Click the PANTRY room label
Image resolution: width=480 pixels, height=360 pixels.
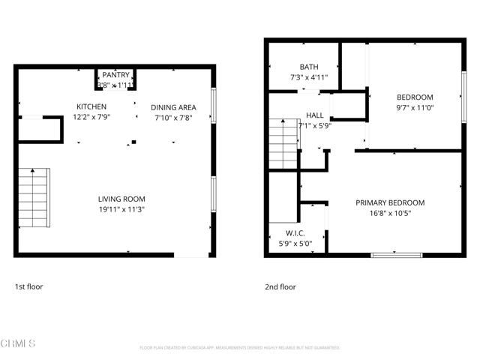tap(116, 75)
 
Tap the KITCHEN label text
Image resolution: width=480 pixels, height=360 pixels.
tap(90, 106)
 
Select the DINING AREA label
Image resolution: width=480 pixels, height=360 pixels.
tap(173, 106)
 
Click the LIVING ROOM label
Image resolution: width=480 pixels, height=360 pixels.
tap(121, 199)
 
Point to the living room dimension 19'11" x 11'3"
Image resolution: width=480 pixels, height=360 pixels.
tap(121, 209)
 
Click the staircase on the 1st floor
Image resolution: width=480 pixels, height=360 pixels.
tap(33, 198)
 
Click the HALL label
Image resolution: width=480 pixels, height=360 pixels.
tap(314, 115)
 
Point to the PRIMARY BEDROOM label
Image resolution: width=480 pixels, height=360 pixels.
tap(390, 202)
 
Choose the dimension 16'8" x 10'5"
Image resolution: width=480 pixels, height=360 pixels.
tap(390, 213)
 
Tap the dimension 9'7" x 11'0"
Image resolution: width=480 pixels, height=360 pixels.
tap(415, 108)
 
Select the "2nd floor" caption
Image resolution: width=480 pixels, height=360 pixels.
tap(280, 286)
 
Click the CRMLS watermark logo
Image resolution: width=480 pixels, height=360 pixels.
tap(18, 344)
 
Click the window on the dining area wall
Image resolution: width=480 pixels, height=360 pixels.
tap(214, 104)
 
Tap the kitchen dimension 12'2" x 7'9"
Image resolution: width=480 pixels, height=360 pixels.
tap(90, 117)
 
